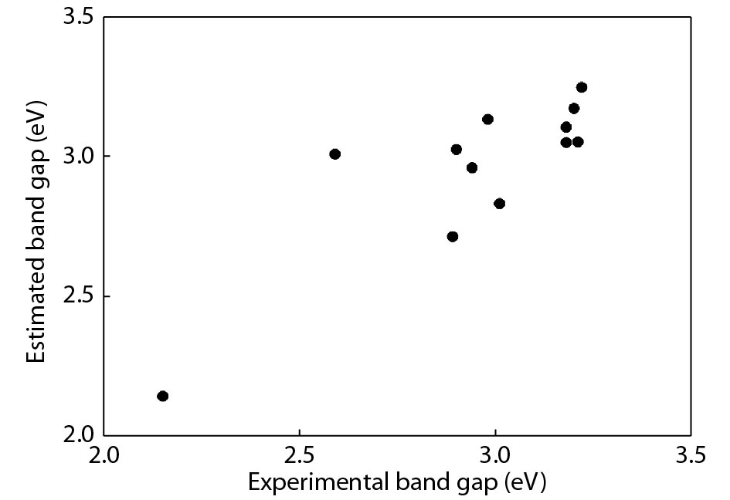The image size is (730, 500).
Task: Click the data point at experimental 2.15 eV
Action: pyautogui.click(x=162, y=396)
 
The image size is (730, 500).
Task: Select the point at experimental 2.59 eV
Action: pyautogui.click(x=334, y=154)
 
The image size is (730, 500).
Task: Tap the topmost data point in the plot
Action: pyautogui.click(x=582, y=87)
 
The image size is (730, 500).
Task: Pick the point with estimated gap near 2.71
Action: pyautogui.click(x=453, y=236)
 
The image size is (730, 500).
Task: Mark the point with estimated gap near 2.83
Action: pyautogui.click(x=499, y=204)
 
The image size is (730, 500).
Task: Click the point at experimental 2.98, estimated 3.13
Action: pyautogui.click(x=487, y=119)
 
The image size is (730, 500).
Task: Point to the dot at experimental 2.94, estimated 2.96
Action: pyautogui.click(x=472, y=167)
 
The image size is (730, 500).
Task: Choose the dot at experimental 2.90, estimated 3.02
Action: pyautogui.click(x=457, y=149)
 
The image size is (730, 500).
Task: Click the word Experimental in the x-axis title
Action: pyautogui.click(x=303, y=484)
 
